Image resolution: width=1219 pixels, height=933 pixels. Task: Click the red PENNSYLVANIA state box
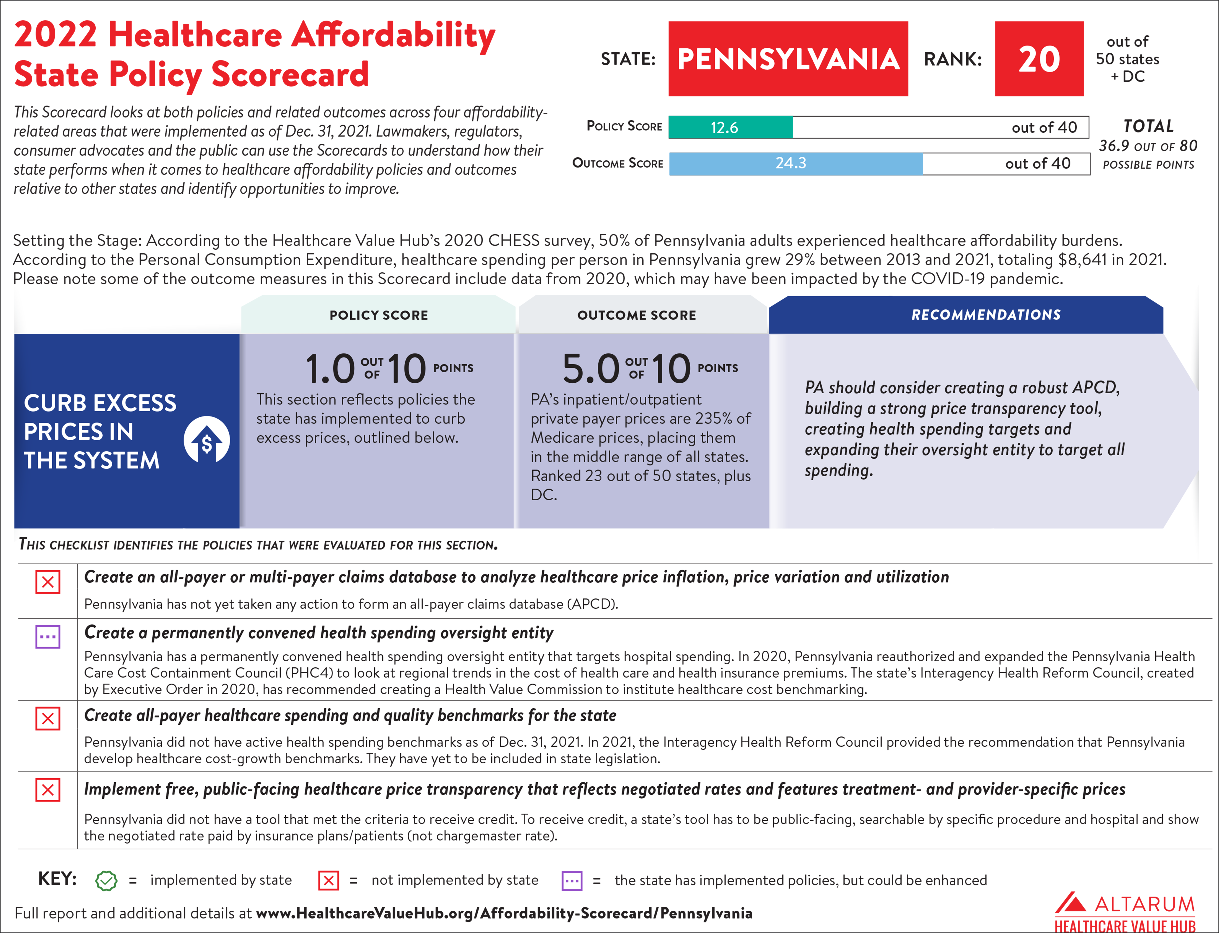[x=787, y=59]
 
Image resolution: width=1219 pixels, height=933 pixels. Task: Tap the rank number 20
[x=1039, y=59]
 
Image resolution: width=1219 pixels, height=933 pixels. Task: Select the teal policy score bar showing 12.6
[x=730, y=127]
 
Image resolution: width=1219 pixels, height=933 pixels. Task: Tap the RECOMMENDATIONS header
[x=986, y=315]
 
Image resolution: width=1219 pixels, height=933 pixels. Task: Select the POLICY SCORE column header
[x=379, y=315]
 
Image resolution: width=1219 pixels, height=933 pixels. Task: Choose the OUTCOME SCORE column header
[x=636, y=315]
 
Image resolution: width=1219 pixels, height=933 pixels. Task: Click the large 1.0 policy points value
[x=330, y=369]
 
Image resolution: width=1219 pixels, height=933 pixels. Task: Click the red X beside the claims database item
[x=48, y=582]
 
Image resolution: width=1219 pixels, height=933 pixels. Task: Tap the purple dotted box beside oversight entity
[x=48, y=637]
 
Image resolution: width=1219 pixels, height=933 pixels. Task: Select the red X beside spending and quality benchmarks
[x=48, y=719]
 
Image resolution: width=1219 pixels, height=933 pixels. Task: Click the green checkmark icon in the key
[x=106, y=880]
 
